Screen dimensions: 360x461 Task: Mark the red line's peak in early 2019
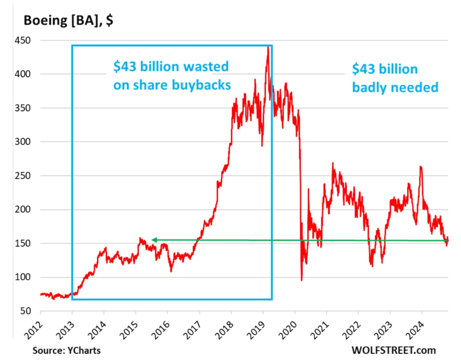[268, 47]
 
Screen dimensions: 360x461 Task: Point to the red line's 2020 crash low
[301, 280]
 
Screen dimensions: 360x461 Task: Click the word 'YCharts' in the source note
[85, 349]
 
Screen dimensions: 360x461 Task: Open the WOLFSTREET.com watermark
[387, 349]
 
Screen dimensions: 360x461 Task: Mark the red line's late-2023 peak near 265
[420, 166]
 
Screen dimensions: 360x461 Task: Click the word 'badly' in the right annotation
[368, 87]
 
